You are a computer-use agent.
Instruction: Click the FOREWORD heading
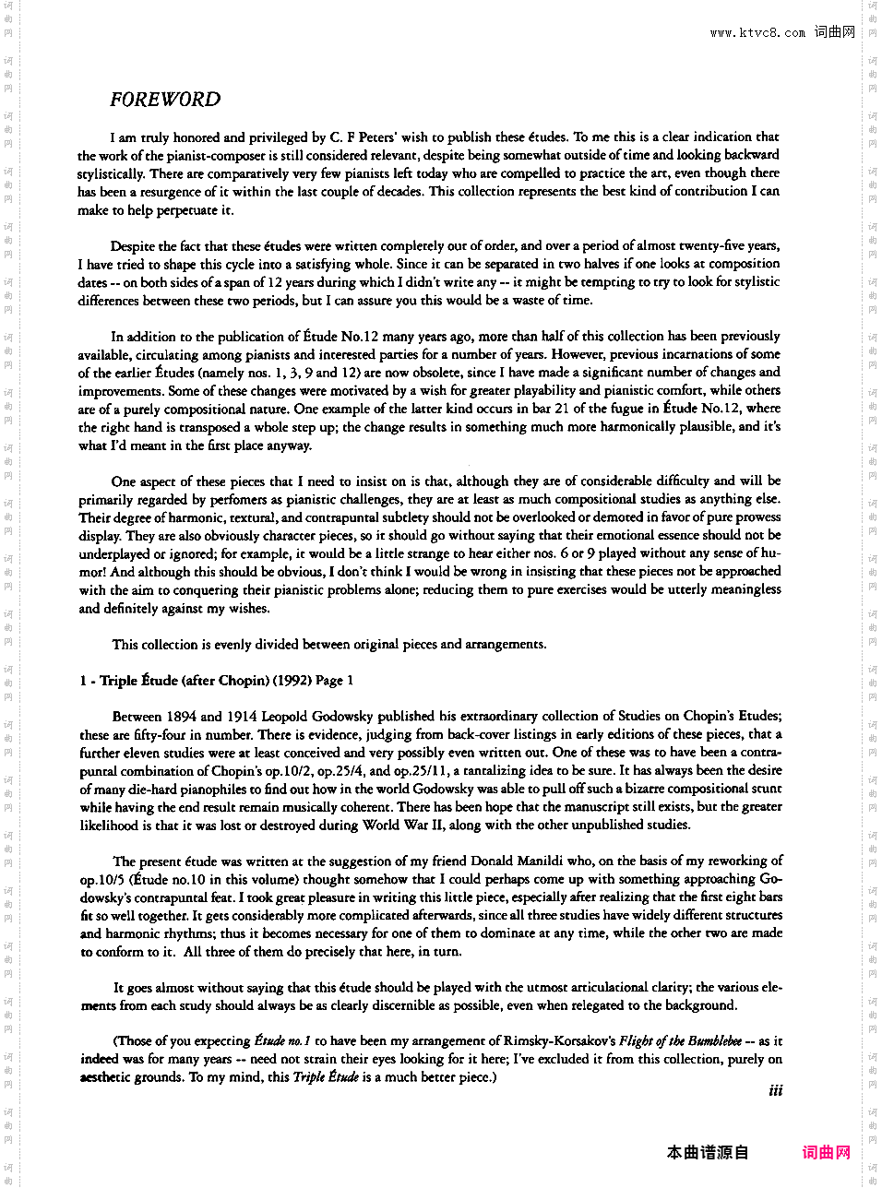[165, 100]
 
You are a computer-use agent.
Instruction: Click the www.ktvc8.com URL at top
[757, 32]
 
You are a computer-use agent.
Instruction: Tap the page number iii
[775, 1090]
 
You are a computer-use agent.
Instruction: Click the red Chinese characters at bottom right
[826, 1152]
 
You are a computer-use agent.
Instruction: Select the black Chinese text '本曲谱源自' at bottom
[708, 1152]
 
